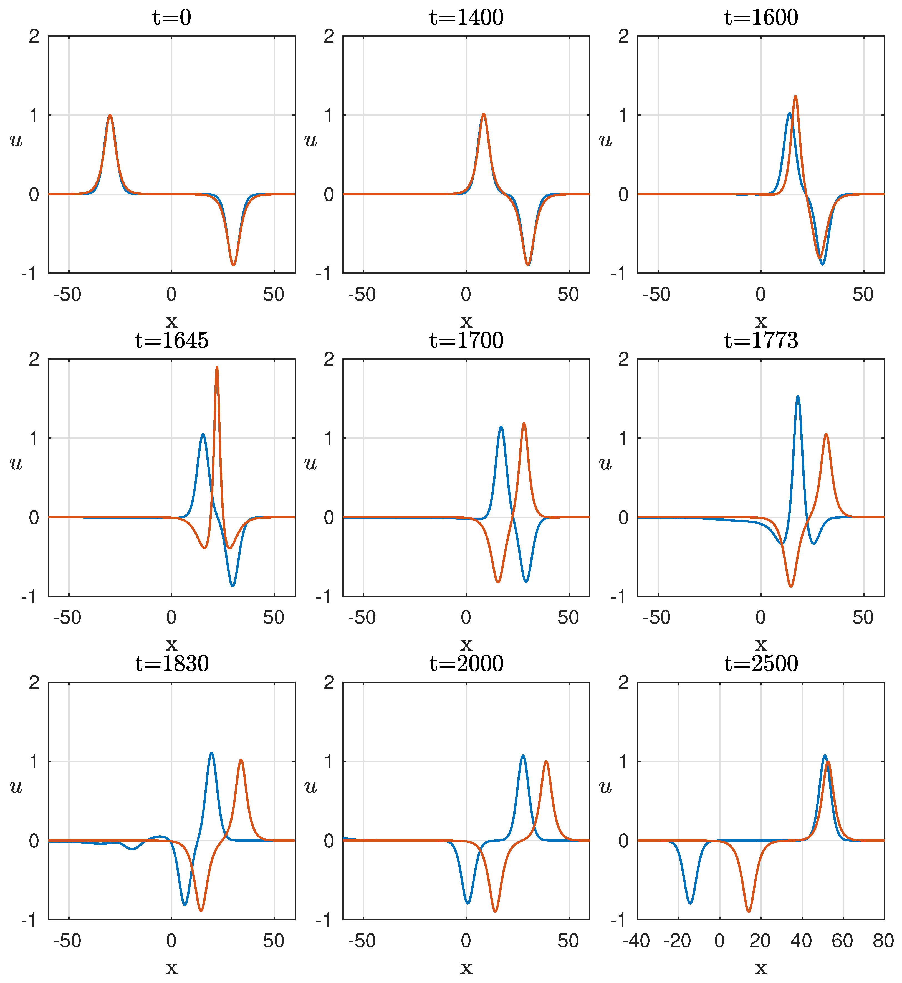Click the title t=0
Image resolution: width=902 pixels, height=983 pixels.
click(171, 17)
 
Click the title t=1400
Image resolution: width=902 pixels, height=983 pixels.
click(466, 17)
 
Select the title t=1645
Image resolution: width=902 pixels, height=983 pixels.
click(171, 341)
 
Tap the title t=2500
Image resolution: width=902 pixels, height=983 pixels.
click(761, 664)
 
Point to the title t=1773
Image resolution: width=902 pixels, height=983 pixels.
click(761, 341)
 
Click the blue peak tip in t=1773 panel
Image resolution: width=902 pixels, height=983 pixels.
click(798, 397)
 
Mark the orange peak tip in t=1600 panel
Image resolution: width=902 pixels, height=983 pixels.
click(795, 96)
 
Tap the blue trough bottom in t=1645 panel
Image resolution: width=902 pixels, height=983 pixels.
click(233, 586)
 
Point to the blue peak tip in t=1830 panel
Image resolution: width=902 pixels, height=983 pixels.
click(211, 753)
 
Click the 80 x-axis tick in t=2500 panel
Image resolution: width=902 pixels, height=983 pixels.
click(883, 941)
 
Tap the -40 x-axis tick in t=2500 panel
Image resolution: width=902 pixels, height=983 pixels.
click(636, 941)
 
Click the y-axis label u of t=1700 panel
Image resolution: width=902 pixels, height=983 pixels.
click(310, 463)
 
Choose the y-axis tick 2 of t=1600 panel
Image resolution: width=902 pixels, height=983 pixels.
click(623, 36)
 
